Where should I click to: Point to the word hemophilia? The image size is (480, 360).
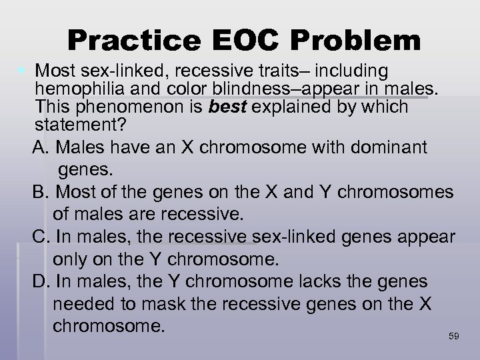pyautogui.click(x=82, y=89)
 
